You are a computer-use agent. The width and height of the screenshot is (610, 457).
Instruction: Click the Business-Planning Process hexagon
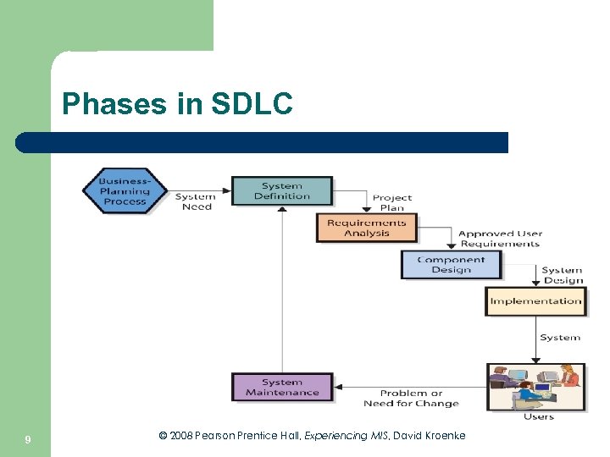click(x=125, y=191)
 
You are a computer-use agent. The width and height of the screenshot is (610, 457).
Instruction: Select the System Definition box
click(x=281, y=191)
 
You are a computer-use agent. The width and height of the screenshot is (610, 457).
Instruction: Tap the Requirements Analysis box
click(x=366, y=228)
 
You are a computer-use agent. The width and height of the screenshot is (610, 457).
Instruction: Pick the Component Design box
click(x=451, y=265)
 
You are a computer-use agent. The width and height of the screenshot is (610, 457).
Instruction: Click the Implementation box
click(x=535, y=301)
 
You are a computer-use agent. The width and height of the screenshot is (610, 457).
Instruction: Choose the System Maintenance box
click(x=282, y=387)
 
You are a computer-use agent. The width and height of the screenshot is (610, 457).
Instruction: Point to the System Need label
click(x=196, y=201)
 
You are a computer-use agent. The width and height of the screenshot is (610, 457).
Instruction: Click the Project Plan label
click(x=392, y=202)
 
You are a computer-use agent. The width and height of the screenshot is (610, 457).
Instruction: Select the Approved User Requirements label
click(x=500, y=239)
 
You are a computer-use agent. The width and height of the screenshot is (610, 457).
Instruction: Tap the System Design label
click(x=563, y=275)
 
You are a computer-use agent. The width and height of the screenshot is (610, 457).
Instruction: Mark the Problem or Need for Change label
click(x=411, y=398)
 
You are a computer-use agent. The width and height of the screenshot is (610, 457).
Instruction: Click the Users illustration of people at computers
click(x=535, y=387)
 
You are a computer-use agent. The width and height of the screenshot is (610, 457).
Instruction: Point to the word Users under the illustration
click(x=538, y=416)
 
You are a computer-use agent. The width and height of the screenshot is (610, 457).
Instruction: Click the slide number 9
click(x=28, y=439)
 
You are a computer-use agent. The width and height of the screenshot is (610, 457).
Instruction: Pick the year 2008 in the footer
click(x=182, y=436)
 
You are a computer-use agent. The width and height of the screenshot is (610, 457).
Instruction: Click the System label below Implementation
click(x=560, y=338)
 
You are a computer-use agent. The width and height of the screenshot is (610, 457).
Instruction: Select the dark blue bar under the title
click(x=262, y=142)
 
